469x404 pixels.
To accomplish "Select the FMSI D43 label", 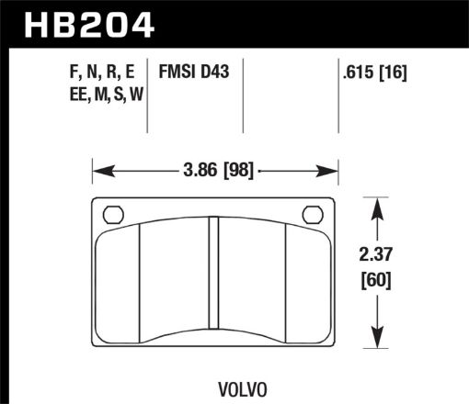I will [196, 70].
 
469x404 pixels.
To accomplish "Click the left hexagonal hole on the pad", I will [112, 215].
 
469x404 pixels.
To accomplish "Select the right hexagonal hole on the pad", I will [314, 215].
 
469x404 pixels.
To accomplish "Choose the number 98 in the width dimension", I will [237, 171].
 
